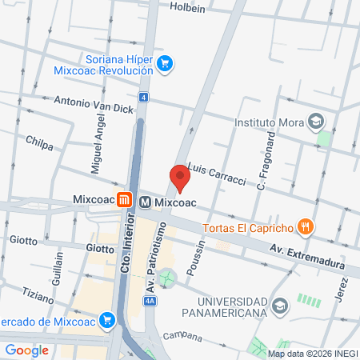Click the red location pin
pos(180,177)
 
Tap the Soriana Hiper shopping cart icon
pos(165,63)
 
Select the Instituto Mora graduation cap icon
pos(317,123)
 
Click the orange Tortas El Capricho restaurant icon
pos(304,227)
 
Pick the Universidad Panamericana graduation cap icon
pos(280,305)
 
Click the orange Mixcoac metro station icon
pos(123,201)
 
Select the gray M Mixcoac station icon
pos(146,202)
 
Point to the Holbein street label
pos(189,7)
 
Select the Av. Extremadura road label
pos(307,256)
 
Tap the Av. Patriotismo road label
pos(153,255)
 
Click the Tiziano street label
pos(37,294)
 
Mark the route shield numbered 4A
pos(150,301)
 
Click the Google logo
pos(26,350)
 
